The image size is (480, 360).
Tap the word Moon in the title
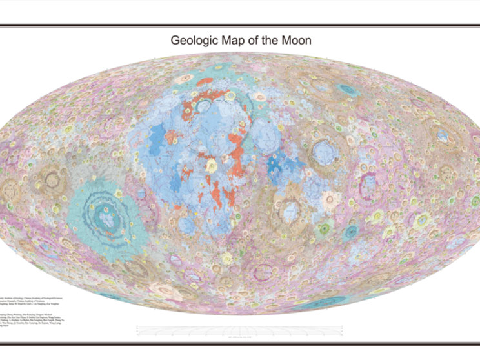[295, 40]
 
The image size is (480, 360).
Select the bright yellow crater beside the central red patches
[211, 166]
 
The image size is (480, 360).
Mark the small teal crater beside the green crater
[351, 232]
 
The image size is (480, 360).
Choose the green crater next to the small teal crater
[328, 226]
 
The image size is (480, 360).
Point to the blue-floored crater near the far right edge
[443, 136]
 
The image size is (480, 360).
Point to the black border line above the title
[240, 26]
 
